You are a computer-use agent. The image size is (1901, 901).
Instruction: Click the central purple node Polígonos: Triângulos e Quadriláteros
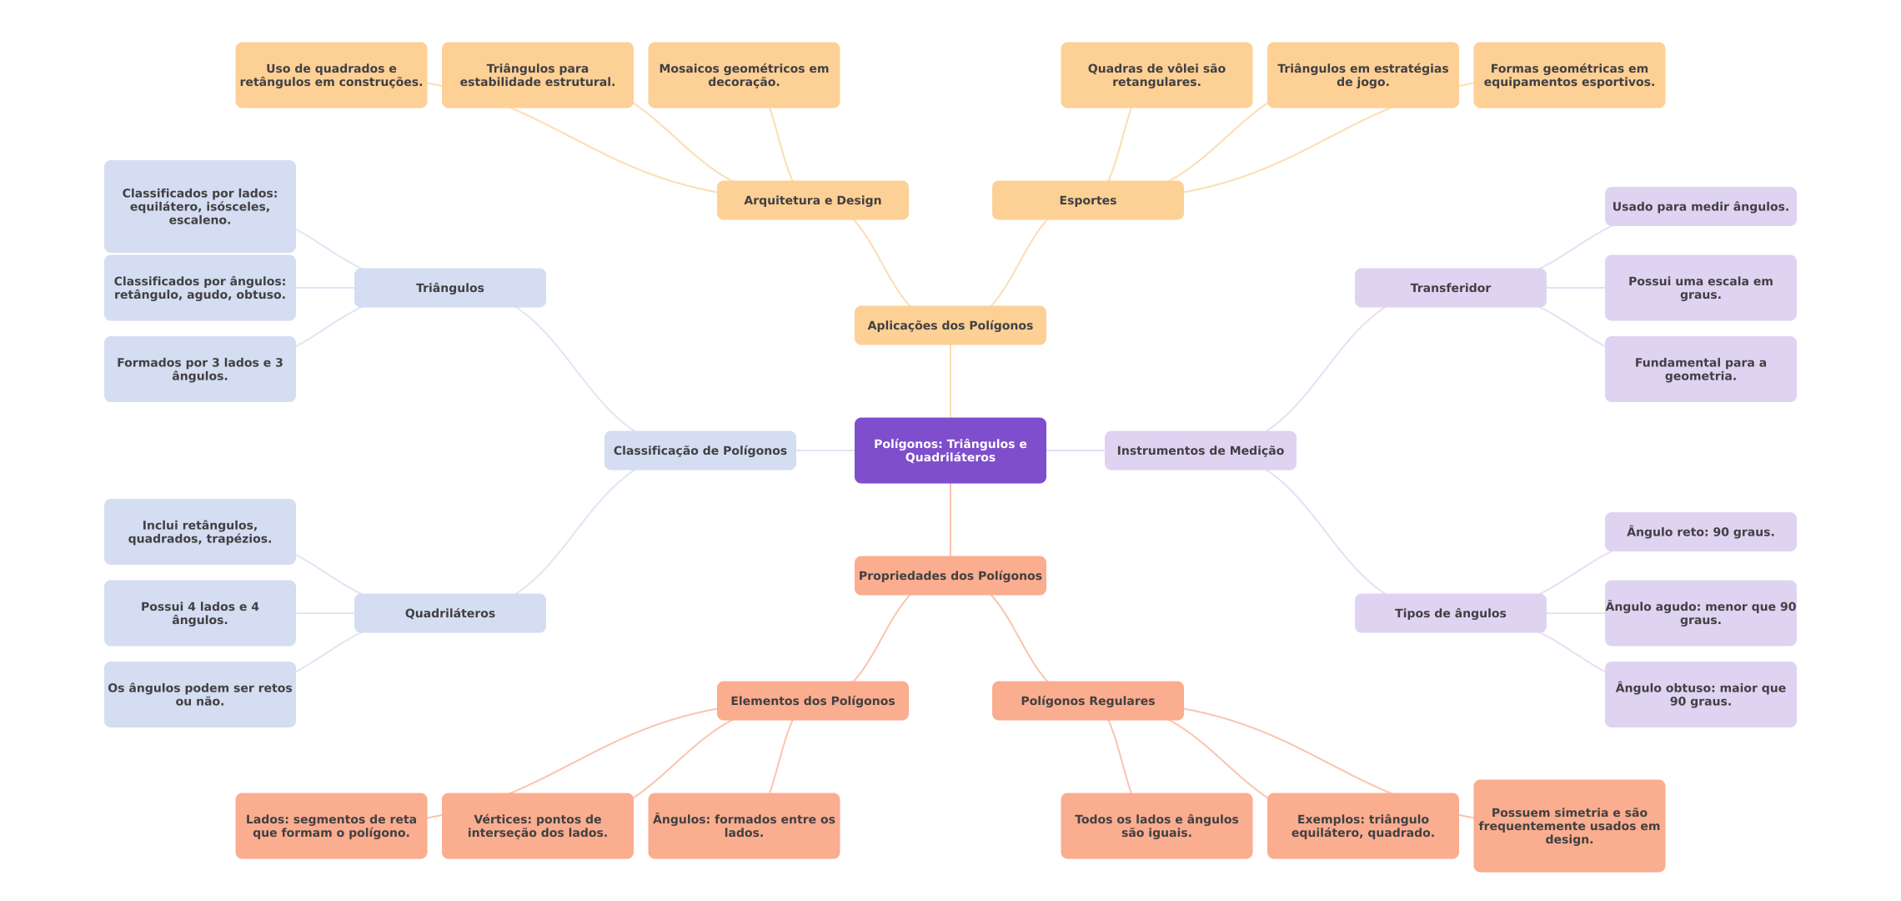(x=950, y=450)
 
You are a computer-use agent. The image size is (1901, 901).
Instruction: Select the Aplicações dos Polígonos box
(x=950, y=325)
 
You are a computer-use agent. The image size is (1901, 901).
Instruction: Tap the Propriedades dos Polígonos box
(x=950, y=576)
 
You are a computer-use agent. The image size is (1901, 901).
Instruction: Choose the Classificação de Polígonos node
(x=700, y=450)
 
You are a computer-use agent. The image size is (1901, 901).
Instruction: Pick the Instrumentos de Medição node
(x=1200, y=450)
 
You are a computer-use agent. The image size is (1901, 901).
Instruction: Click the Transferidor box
(x=1450, y=288)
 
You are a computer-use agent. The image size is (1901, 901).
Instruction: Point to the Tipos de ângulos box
(x=1450, y=613)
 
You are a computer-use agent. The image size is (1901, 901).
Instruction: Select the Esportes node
(x=1087, y=200)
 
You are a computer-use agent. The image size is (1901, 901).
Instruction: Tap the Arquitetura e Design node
(x=812, y=200)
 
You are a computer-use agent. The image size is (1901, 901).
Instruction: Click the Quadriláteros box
(x=449, y=613)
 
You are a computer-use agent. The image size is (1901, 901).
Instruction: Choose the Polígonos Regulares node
(x=1087, y=701)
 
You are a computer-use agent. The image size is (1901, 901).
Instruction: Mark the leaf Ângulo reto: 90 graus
(x=1700, y=532)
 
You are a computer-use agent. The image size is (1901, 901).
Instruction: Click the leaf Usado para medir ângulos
(x=1700, y=207)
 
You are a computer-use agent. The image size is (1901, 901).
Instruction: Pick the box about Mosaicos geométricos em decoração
(x=744, y=75)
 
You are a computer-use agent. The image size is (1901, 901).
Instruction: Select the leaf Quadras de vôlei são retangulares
(x=1156, y=75)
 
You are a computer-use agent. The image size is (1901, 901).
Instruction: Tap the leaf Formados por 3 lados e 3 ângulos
(x=199, y=370)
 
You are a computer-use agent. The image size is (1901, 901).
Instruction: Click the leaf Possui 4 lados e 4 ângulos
(x=199, y=613)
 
